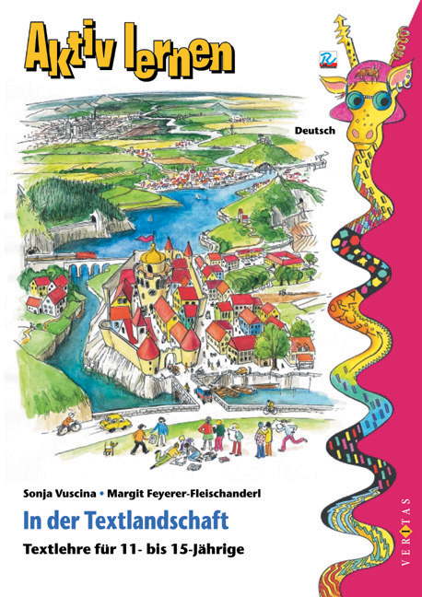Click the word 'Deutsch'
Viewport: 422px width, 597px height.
(314, 130)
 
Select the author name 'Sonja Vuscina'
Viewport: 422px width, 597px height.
(65, 493)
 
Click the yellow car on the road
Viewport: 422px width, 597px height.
(113, 422)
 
